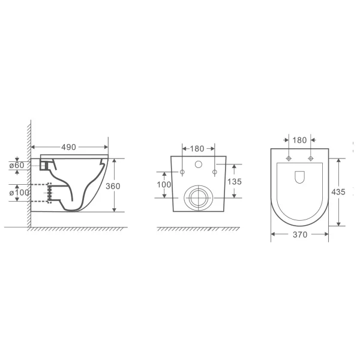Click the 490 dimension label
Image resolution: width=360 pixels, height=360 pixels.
68,147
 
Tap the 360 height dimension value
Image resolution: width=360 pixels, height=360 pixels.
113,186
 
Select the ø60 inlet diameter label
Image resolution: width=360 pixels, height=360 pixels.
17,166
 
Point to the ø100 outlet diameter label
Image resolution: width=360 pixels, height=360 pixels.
19,193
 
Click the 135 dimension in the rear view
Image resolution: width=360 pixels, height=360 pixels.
235,182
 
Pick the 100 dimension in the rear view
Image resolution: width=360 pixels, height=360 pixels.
164,184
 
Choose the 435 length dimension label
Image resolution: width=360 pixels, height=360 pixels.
338,192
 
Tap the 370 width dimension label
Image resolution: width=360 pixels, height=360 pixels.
300,235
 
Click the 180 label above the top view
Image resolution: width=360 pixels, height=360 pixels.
299,140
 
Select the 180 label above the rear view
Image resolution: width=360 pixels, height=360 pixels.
197,149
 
